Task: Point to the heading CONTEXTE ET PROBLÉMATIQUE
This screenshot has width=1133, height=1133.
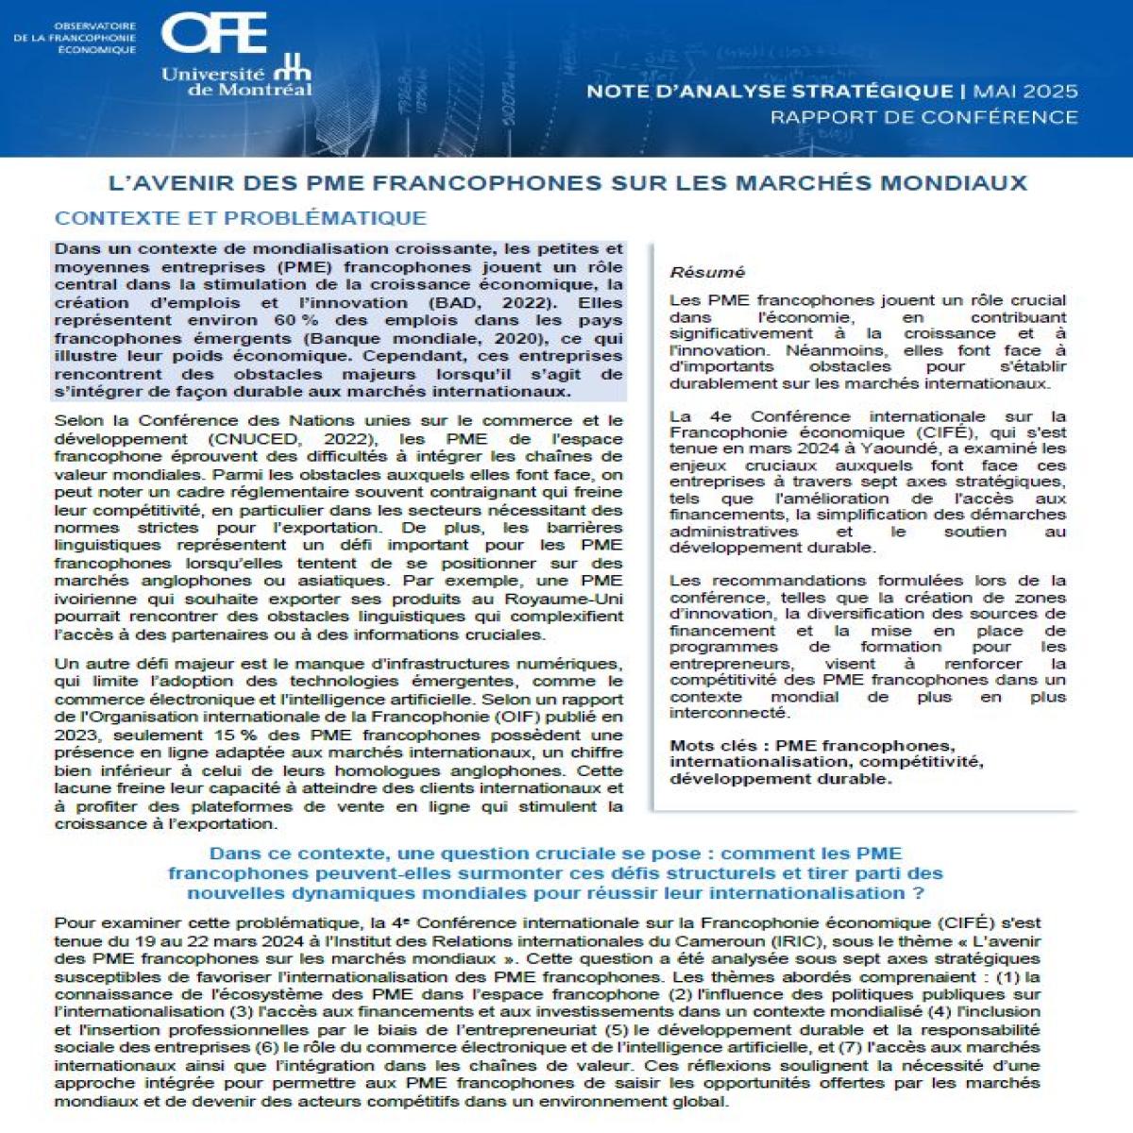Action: tap(241, 218)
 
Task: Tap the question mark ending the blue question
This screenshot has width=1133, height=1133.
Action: tap(918, 893)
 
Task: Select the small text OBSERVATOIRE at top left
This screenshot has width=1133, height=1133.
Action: tap(94, 26)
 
